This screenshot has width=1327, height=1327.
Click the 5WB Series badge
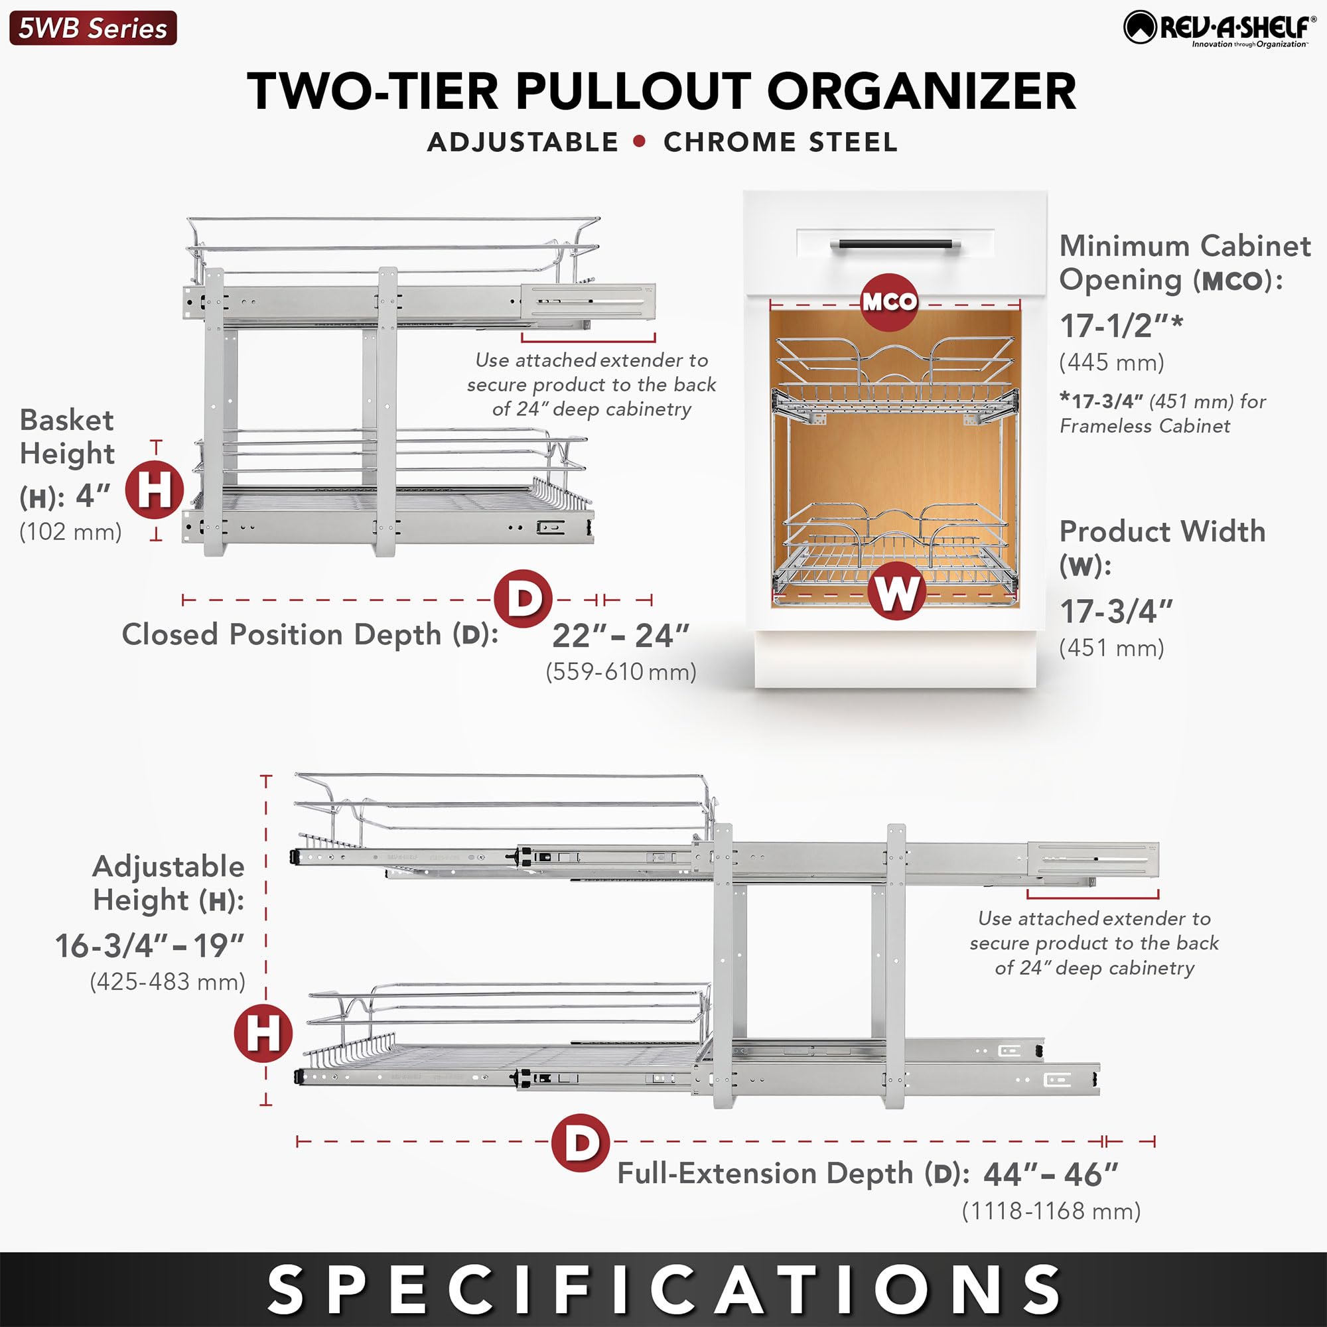point(93,28)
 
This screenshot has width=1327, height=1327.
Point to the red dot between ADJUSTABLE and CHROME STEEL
point(640,141)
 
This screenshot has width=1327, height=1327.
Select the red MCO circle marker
point(889,301)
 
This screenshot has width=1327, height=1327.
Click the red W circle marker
point(896,591)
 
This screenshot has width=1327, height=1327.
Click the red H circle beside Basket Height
point(154,490)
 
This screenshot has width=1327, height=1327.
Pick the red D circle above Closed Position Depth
point(524,598)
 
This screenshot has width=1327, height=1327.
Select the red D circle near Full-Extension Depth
point(581,1143)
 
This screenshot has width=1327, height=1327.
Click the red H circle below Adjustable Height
point(263,1033)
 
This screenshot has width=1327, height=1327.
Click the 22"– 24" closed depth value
point(620,636)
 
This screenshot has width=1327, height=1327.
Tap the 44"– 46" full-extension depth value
point(1051,1174)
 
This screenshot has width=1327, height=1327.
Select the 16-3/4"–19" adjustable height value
point(150,945)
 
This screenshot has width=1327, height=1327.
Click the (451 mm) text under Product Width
point(1111,648)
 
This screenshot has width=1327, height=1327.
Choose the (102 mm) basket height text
point(71,531)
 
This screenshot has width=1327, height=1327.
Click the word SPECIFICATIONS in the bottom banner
point(663,1290)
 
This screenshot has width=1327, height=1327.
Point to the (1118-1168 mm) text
point(1051,1211)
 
